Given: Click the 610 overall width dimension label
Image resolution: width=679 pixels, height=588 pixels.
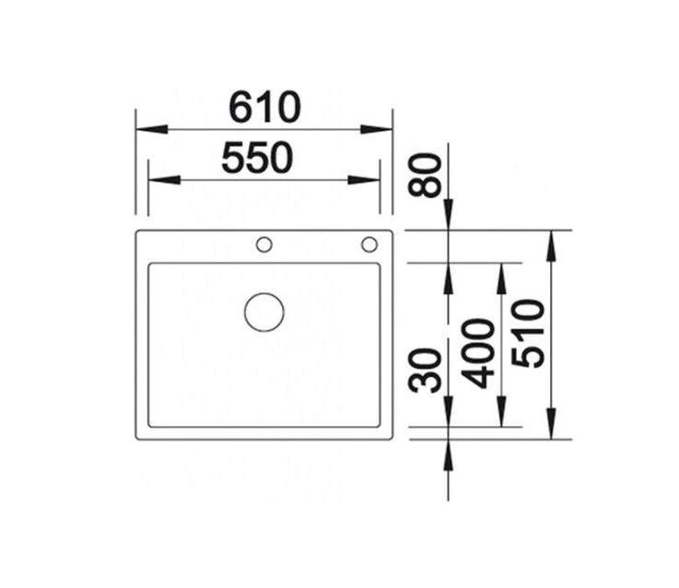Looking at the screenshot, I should click(264, 108).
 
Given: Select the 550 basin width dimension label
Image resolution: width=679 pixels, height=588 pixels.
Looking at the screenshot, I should click(257, 159).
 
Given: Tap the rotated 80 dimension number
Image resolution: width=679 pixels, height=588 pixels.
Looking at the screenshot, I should click(426, 175).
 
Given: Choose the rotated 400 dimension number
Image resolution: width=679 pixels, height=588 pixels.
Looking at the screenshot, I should click(478, 354).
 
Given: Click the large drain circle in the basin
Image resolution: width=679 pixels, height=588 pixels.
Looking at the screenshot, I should click(264, 312).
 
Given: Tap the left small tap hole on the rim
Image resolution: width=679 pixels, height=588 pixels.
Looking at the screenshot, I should click(263, 244).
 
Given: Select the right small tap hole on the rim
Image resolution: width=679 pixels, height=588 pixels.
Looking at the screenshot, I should click(369, 244).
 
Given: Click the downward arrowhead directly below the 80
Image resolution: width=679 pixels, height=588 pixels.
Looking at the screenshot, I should click(449, 216).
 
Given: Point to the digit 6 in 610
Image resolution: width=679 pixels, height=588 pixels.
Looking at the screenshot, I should click(241, 108).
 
